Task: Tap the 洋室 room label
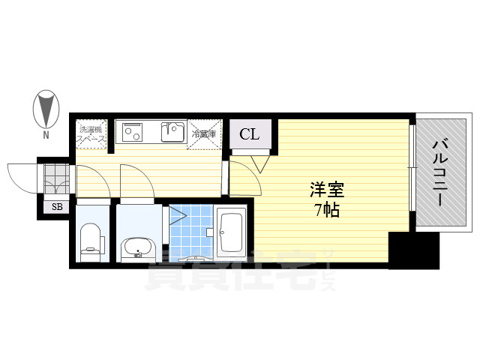[322, 190]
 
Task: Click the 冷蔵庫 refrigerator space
[203, 134]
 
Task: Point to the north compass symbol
[46, 109]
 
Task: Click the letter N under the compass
[46, 136]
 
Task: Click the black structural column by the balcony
[413, 250]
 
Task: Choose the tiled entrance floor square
[56, 180]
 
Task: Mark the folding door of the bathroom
[176, 217]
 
